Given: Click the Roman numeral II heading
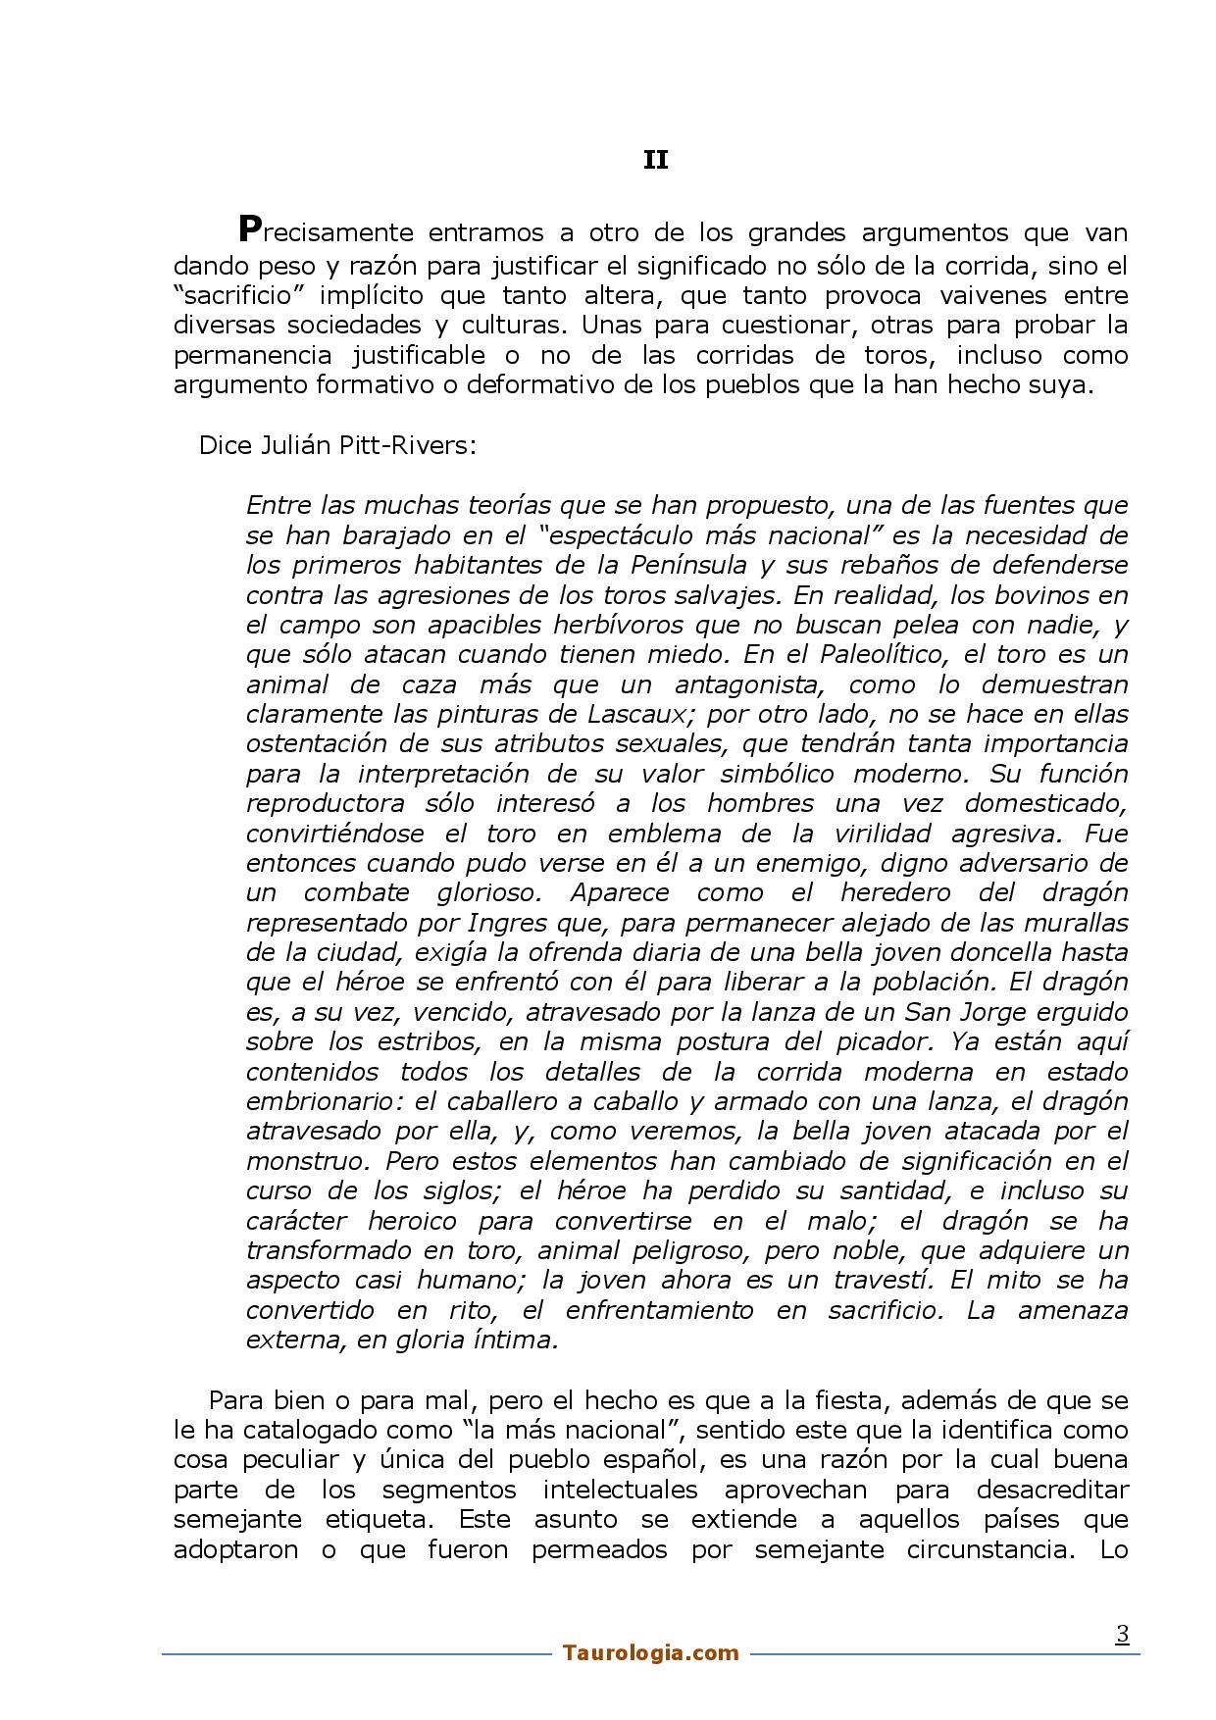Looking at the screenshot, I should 655,160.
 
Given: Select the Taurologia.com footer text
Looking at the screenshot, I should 651,1653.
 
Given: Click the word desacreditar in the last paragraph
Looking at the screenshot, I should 1052,1490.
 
